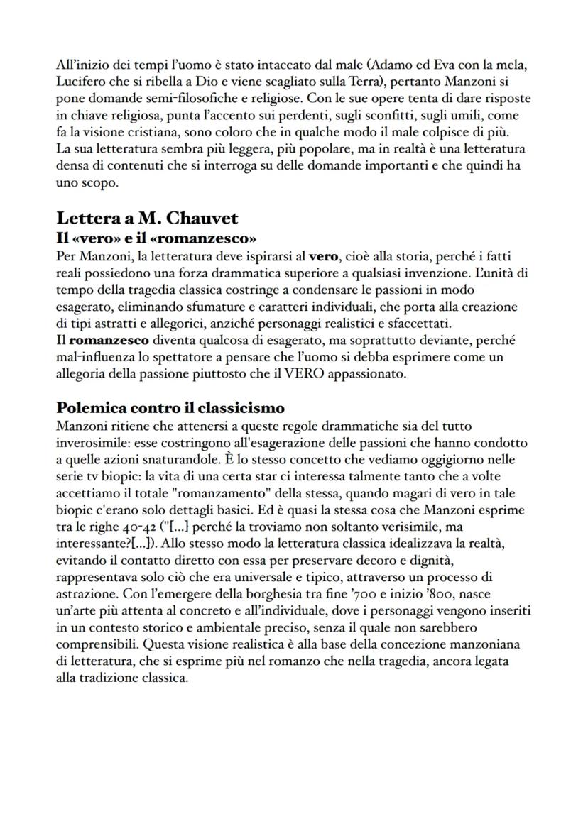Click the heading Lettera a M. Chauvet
click(147, 218)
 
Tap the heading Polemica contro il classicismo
click(170, 408)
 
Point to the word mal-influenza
click(93, 358)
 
